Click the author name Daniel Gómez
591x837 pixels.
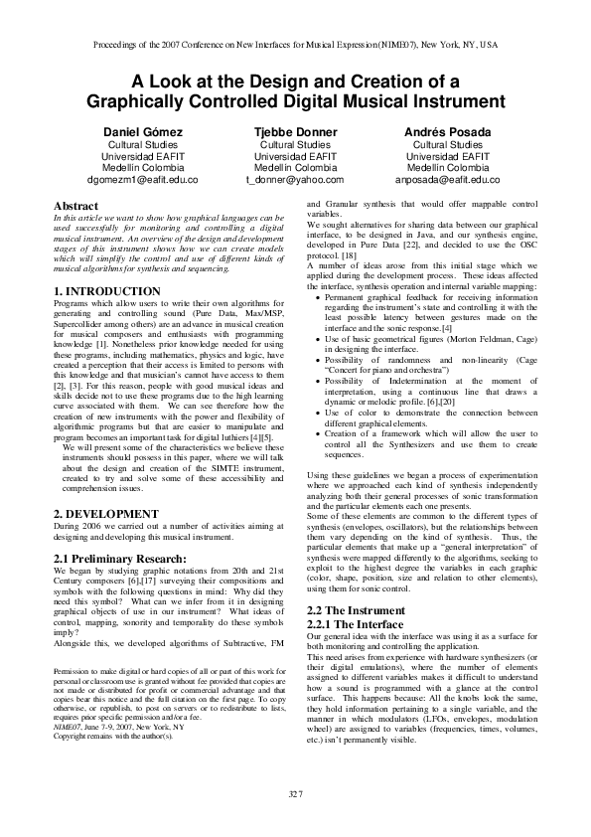pyautogui.click(x=141, y=132)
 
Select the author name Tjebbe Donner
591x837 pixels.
pyautogui.click(x=294, y=132)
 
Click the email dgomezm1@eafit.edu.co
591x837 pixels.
pyautogui.click(x=142, y=180)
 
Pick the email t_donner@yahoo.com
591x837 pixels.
pyautogui.click(x=294, y=180)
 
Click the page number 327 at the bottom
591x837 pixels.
pyautogui.click(x=295, y=792)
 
